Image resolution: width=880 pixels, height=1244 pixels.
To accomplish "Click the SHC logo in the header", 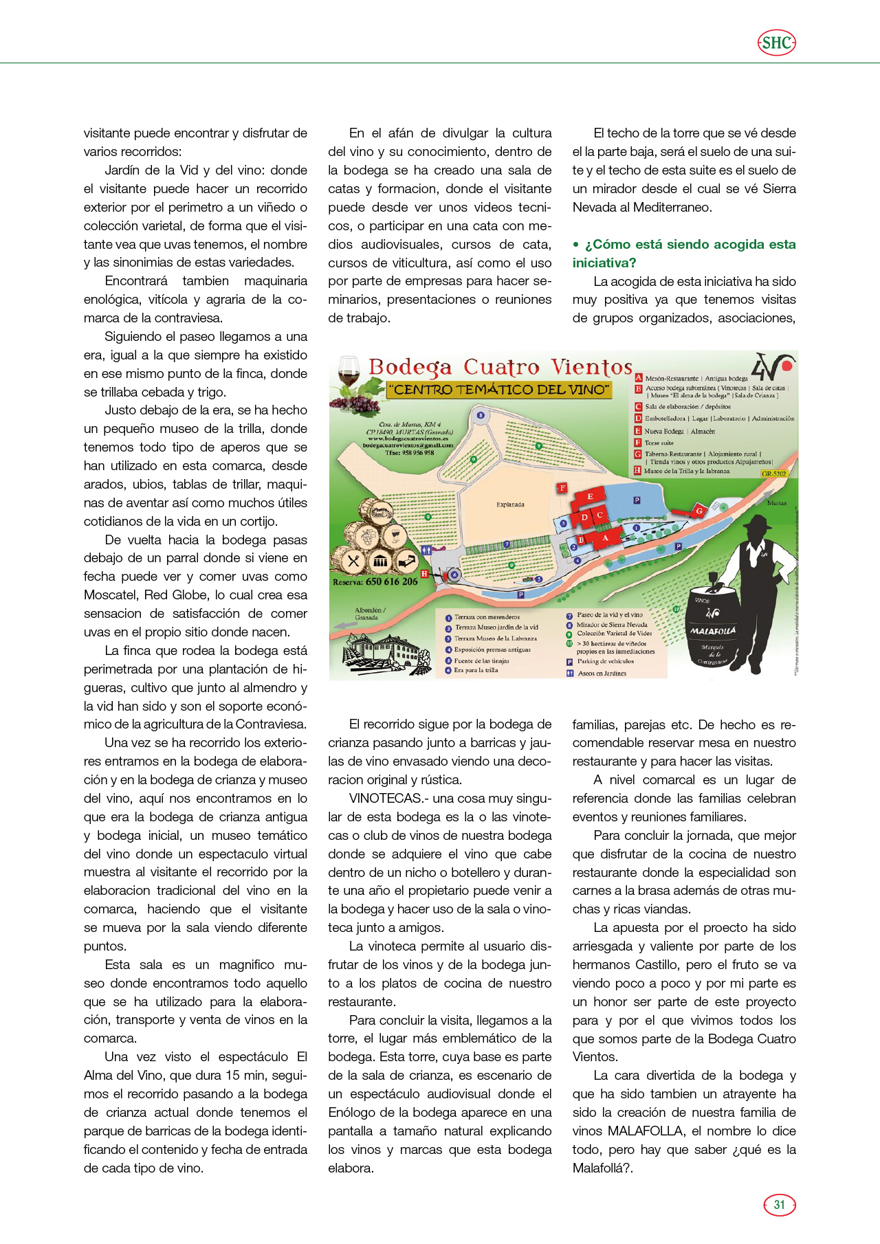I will tap(777, 43).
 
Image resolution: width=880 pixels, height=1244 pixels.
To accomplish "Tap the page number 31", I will tap(779, 1204).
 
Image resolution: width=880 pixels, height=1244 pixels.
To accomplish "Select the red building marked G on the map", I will tap(698, 511).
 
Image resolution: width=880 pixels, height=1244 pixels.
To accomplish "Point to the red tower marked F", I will tap(562, 488).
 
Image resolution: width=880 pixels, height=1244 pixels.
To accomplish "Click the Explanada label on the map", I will tap(510, 504).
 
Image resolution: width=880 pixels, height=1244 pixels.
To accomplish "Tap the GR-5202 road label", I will tap(774, 474).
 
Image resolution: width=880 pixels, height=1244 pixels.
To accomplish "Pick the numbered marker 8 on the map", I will tap(481, 414).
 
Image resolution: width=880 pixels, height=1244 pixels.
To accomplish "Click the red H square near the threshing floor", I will tap(424, 573).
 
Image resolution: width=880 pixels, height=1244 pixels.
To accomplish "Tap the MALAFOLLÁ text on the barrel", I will tap(713, 630).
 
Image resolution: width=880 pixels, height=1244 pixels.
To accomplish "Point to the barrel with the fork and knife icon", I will tap(354, 561).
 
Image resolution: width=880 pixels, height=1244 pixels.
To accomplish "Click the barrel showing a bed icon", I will tap(406, 561).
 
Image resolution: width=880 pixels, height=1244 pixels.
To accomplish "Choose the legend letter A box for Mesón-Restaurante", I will tap(638, 378).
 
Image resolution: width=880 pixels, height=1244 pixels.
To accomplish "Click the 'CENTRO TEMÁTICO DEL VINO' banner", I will tap(499, 390).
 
